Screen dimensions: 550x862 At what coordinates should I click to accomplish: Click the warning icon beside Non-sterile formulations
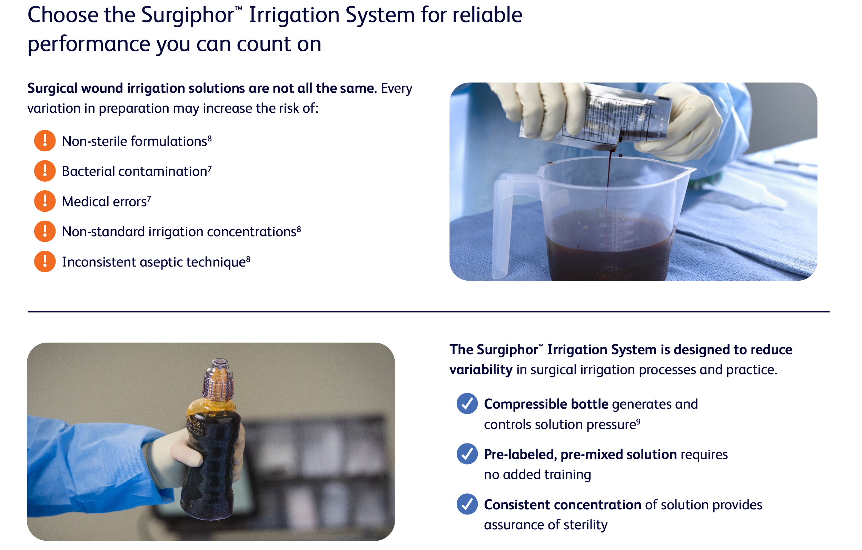[x=45, y=141]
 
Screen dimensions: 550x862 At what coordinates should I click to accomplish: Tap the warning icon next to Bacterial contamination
[x=45, y=171]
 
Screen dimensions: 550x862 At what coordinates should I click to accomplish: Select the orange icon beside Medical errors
[x=45, y=201]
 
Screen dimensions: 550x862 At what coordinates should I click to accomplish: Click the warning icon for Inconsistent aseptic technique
[x=45, y=262]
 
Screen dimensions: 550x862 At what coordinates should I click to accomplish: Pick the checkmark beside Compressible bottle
[x=467, y=404]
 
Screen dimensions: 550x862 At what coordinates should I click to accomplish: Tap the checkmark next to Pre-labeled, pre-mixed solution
[x=467, y=454]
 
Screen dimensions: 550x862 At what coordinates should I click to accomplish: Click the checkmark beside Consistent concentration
[x=467, y=504]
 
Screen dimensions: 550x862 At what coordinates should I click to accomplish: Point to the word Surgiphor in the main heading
[x=187, y=16]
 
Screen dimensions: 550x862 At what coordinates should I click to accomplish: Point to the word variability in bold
[x=481, y=370]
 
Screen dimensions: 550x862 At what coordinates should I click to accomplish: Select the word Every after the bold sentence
[x=396, y=88]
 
